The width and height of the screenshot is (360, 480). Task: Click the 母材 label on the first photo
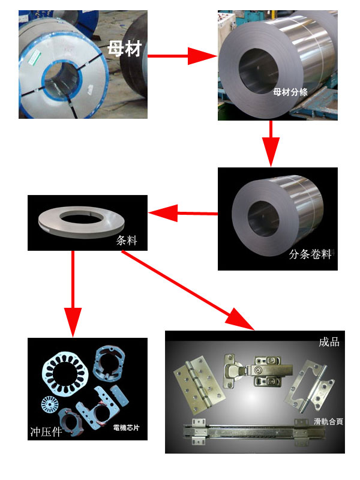point(125,49)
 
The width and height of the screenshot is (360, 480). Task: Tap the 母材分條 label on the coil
point(290,92)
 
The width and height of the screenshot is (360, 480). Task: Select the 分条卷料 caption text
point(310,254)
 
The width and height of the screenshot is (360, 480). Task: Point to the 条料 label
point(127,241)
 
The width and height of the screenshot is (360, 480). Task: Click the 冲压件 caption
point(46,431)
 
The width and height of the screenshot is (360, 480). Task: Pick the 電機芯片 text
point(126,428)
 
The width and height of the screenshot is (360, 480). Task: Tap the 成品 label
point(329,342)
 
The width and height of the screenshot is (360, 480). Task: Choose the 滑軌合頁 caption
point(328,422)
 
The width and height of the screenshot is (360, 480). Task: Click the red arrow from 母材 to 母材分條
point(182,56)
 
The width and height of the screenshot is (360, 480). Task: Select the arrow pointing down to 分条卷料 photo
point(271,143)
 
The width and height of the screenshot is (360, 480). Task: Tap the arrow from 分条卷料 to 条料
point(183,213)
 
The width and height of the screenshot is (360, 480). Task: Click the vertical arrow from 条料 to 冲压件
point(73,294)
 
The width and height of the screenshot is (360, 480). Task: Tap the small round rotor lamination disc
point(50,406)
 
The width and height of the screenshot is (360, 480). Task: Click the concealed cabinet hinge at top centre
point(257,370)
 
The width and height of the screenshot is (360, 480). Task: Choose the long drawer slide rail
point(254,431)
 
